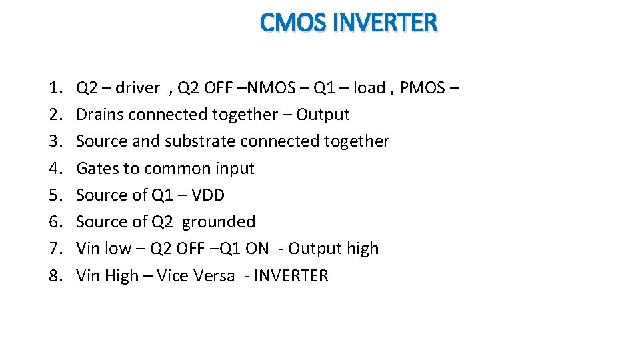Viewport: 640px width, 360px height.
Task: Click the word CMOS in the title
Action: coord(292,23)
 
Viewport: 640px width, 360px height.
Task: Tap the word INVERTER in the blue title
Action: coord(385,23)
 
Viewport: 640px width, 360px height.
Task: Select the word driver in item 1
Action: coord(138,88)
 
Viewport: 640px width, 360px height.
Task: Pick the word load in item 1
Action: coord(369,88)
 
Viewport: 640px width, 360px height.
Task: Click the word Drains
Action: coord(100,115)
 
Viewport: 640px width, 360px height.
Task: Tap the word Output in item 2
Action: coord(323,115)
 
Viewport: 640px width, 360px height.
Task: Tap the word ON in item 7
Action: coord(257,249)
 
